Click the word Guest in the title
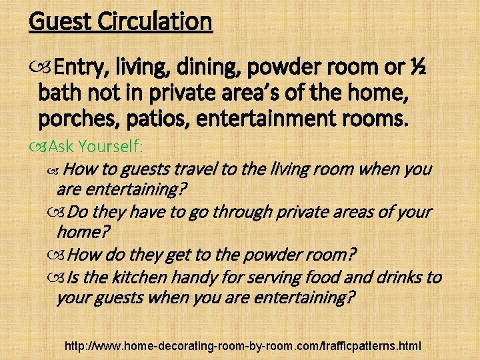(x=61, y=21)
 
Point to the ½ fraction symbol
(x=419, y=67)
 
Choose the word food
(x=325, y=277)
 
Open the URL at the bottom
(x=243, y=346)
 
